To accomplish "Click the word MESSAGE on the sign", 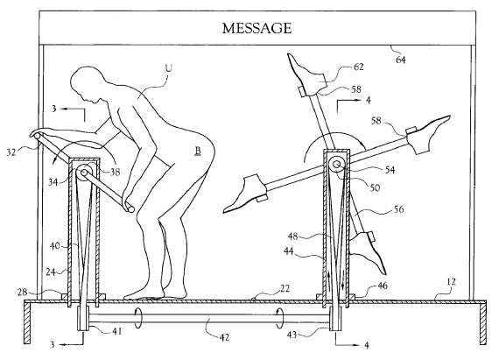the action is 257,28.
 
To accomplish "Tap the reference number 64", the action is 401,60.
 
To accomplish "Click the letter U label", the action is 169,68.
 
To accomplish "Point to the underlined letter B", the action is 198,151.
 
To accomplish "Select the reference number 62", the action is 358,67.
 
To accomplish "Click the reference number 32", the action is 11,152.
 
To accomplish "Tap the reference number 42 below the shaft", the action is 224,337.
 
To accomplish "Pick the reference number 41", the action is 116,331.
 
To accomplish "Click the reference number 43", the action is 292,335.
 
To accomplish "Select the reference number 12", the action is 451,282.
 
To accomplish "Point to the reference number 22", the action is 285,288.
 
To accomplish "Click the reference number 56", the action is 398,209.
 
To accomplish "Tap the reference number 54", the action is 390,170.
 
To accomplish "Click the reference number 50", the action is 375,187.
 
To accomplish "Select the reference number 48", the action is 293,236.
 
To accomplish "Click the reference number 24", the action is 51,272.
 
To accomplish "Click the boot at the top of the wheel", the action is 307,75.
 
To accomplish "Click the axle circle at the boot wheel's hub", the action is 336,165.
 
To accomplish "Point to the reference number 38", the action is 116,172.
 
